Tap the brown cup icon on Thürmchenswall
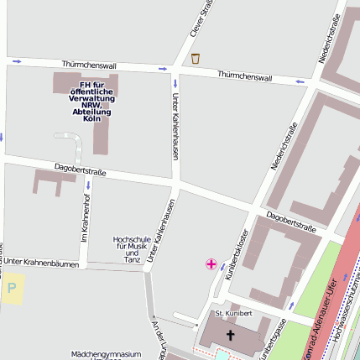196,58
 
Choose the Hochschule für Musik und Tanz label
131,249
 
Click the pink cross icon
211,264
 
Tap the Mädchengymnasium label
106,354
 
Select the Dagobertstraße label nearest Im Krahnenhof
80,170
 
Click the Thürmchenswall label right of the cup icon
244,76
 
